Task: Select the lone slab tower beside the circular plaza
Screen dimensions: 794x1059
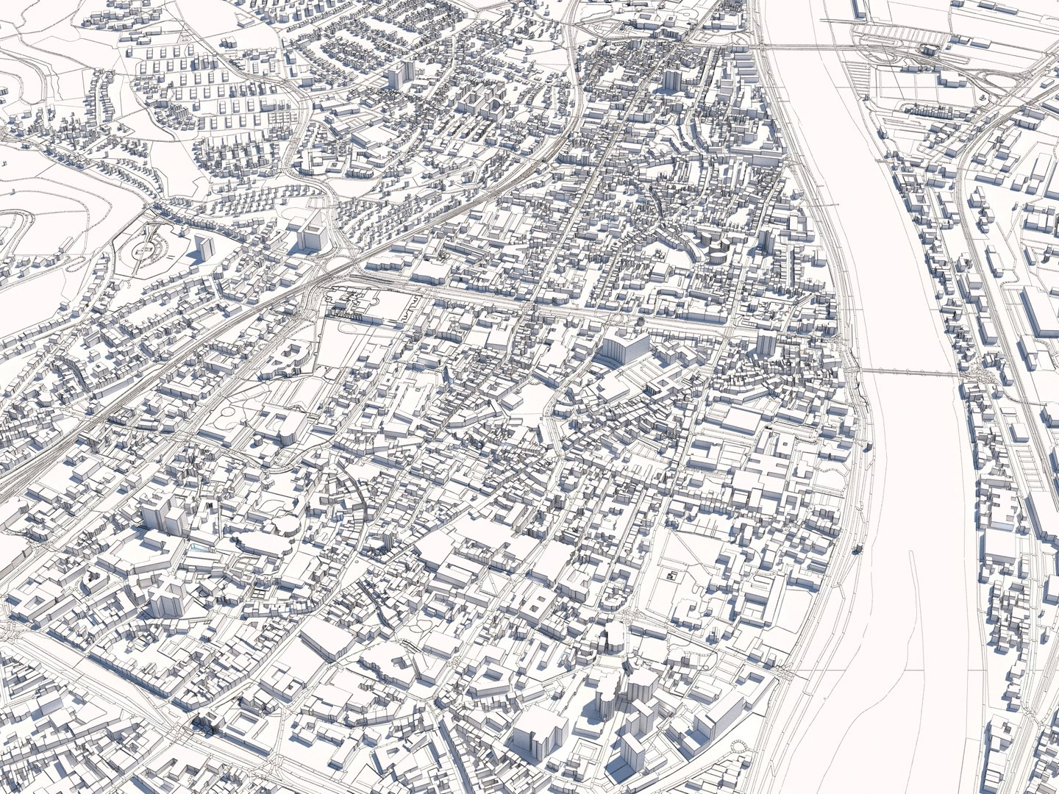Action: [x=202, y=246]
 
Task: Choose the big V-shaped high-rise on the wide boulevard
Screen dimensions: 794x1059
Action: [x=621, y=346]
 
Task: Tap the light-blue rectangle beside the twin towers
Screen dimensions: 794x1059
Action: [x=197, y=548]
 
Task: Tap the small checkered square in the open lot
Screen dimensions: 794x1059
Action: [x=671, y=576]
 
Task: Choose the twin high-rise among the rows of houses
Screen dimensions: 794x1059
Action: [x=400, y=74]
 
